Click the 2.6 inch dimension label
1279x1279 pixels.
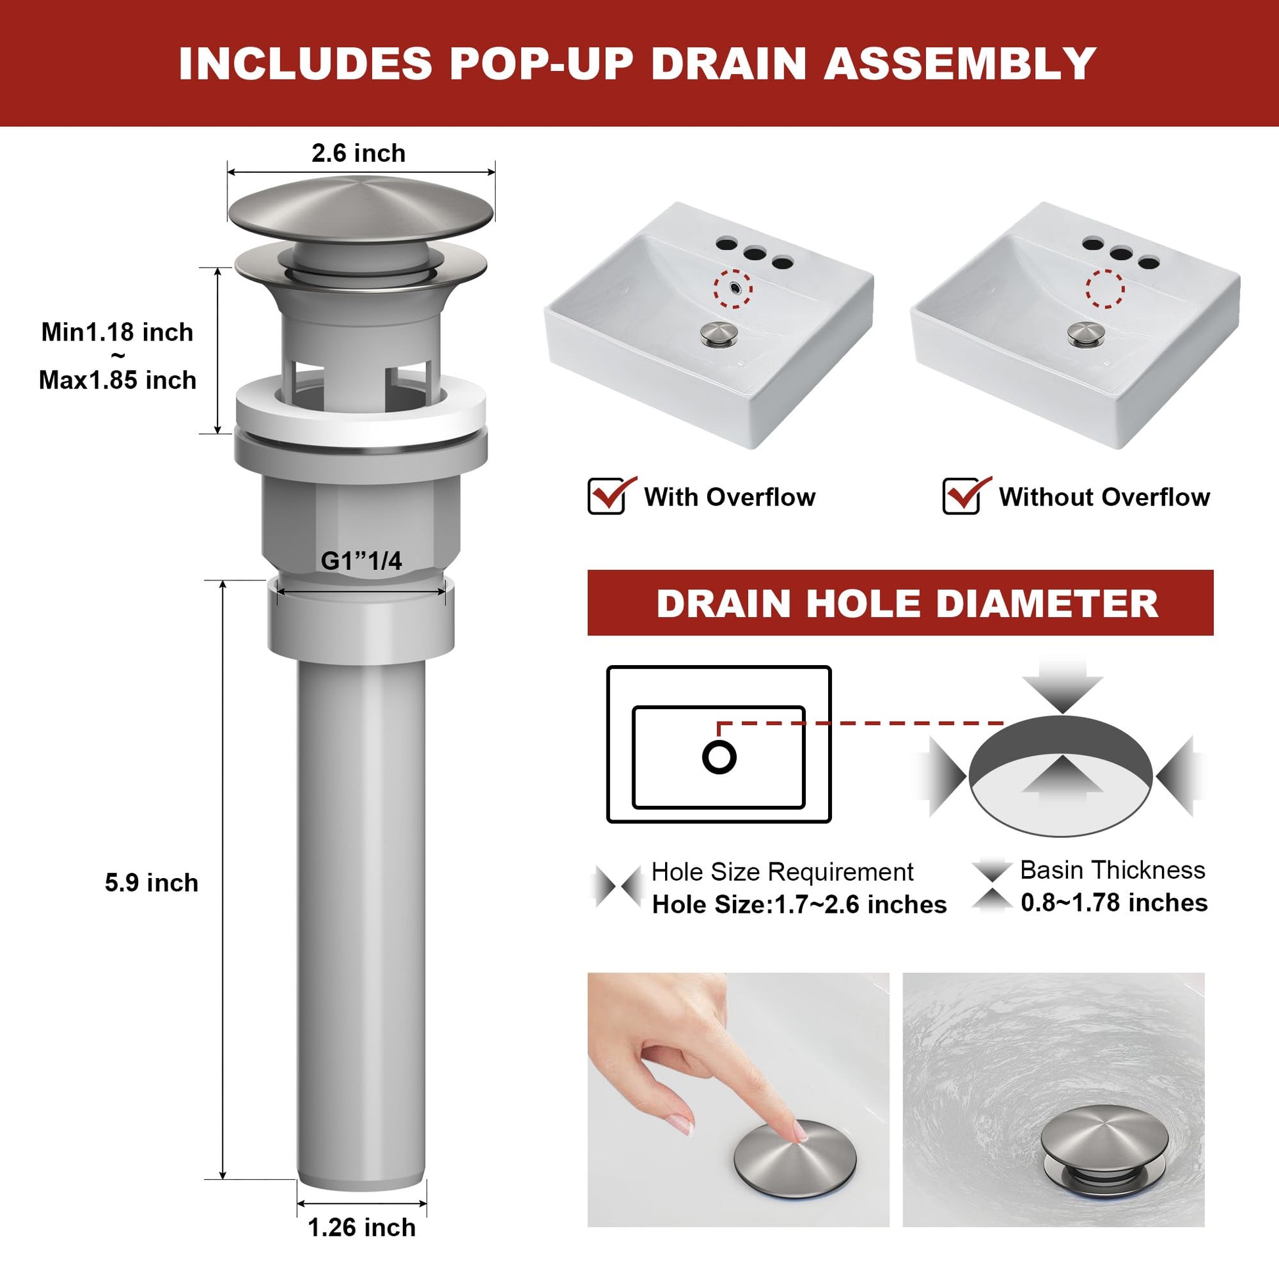pyautogui.click(x=358, y=154)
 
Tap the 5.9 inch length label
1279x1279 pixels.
pyautogui.click(x=152, y=883)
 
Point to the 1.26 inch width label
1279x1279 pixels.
pyautogui.click(x=361, y=1227)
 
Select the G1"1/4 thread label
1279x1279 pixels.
pyautogui.click(x=361, y=561)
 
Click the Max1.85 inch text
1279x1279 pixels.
pyautogui.click(x=118, y=380)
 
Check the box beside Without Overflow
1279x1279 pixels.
pyautogui.click(x=962, y=496)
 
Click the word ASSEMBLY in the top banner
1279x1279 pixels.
pyautogui.click(x=961, y=64)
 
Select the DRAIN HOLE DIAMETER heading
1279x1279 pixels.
pyautogui.click(x=908, y=604)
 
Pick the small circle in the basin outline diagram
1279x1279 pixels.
pyautogui.click(x=720, y=756)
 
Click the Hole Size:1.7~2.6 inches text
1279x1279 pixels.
pyautogui.click(x=800, y=905)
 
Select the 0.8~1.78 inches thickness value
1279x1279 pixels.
pyautogui.click(x=1114, y=903)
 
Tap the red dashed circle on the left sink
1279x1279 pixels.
pyautogui.click(x=733, y=287)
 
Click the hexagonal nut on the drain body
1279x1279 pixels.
pyautogui.click(x=361, y=523)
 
